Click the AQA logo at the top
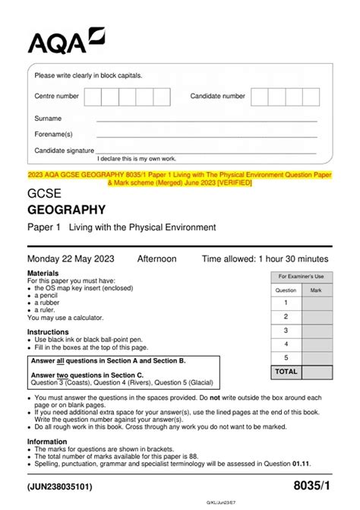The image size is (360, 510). (x=66, y=41)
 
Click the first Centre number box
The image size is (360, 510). (x=93, y=97)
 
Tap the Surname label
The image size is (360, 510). (x=48, y=119)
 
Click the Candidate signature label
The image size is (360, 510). (x=64, y=150)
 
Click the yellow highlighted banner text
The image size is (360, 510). (x=179, y=179)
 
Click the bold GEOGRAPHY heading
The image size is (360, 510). (x=66, y=211)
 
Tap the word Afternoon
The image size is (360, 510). (x=156, y=259)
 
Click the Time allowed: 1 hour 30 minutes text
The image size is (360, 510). (x=266, y=259)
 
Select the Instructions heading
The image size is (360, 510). (x=48, y=332)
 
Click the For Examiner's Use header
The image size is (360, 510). (x=301, y=276)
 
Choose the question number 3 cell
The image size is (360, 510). (x=286, y=331)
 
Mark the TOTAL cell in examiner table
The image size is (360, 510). (x=286, y=372)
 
